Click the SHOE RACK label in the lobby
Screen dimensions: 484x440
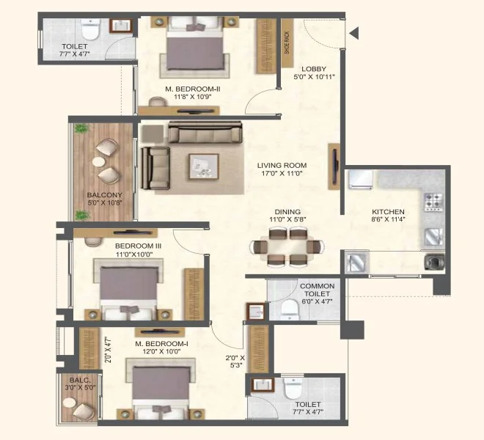click(x=287, y=43)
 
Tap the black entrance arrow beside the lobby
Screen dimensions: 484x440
click(x=354, y=33)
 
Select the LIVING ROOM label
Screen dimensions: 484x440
click(x=282, y=166)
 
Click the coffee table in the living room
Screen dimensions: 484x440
click(x=204, y=166)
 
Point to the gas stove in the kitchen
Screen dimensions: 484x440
click(x=433, y=202)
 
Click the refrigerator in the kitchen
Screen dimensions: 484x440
click(x=361, y=180)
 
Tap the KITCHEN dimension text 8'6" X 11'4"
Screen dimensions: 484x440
click(x=388, y=219)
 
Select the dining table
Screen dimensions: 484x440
click(x=287, y=246)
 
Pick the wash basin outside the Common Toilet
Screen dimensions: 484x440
click(x=256, y=312)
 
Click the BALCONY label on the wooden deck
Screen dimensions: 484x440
click(x=105, y=195)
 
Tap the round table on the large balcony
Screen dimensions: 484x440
click(x=99, y=162)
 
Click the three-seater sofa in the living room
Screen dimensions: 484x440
click(x=205, y=132)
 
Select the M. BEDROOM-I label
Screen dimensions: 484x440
click(x=161, y=344)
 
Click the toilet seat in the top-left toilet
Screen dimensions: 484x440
click(x=90, y=30)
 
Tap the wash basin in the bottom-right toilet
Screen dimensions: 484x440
click(x=263, y=385)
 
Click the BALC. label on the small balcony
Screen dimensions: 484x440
click(x=80, y=380)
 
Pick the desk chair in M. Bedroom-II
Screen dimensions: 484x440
click(x=157, y=102)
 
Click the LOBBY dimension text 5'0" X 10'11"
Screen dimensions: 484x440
click(x=314, y=77)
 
